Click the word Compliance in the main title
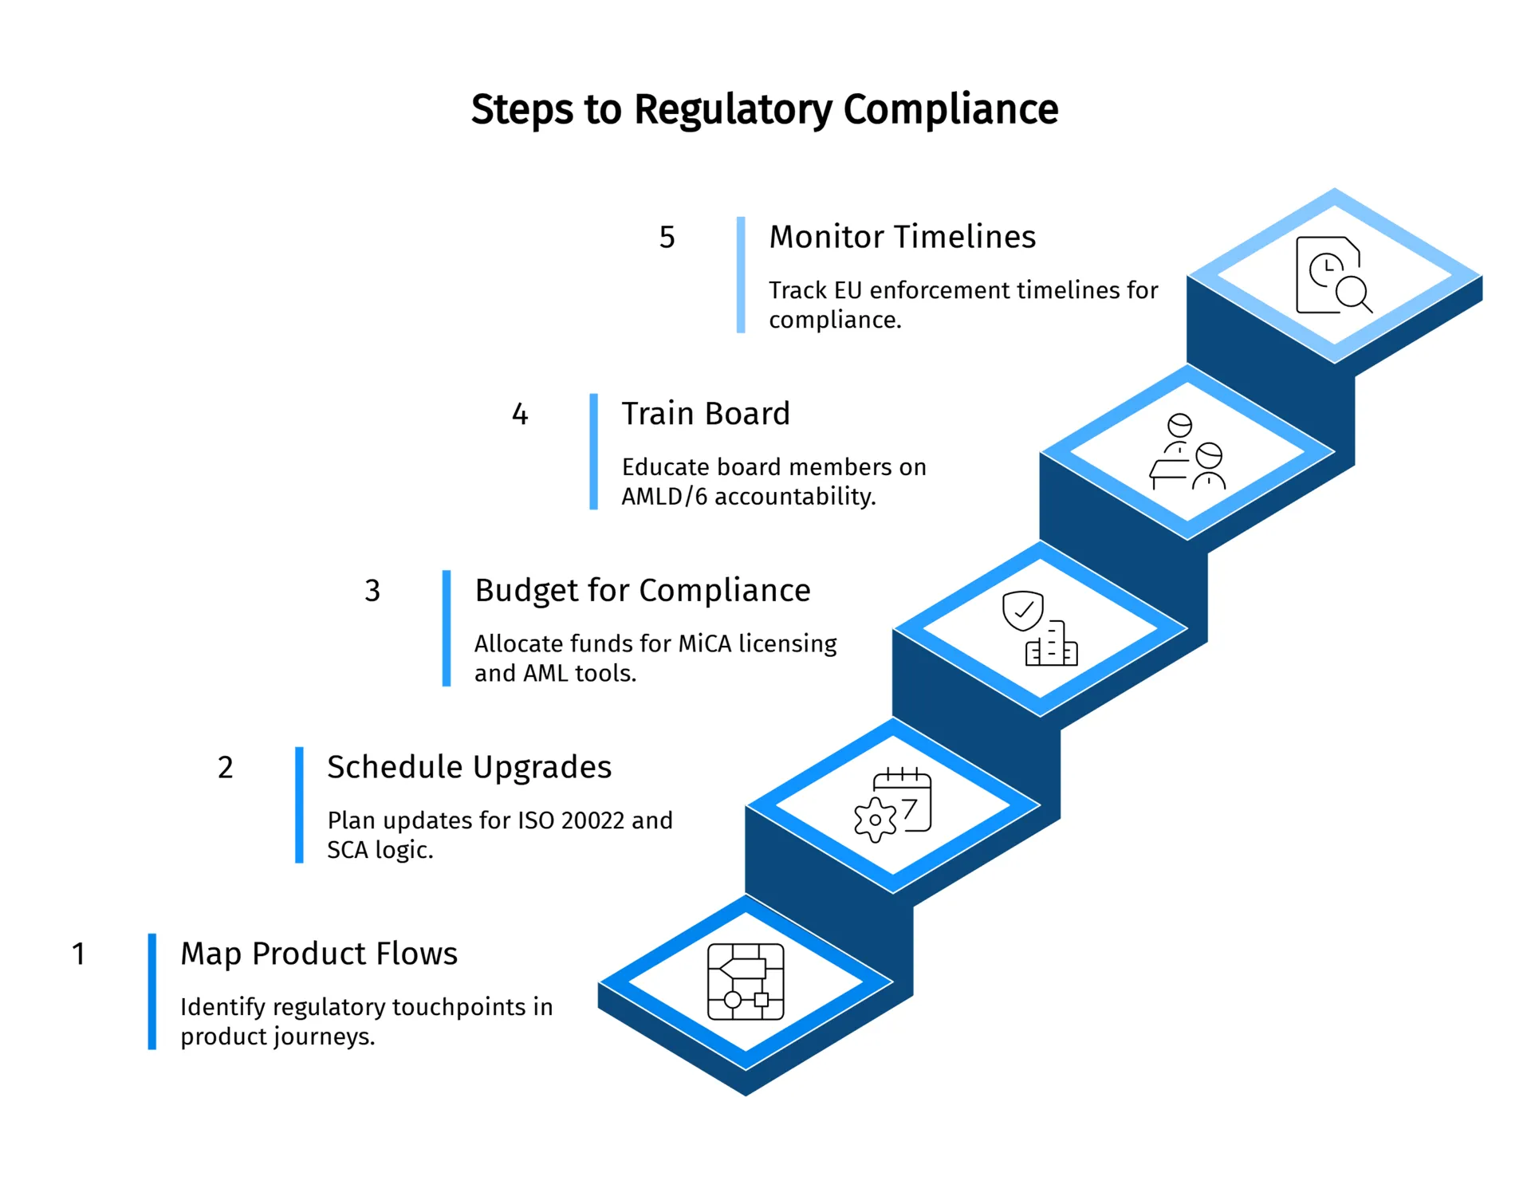point(950,109)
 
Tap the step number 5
point(667,237)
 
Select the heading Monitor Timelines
point(902,237)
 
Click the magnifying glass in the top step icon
point(1353,293)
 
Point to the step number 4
point(520,414)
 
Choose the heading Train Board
point(706,414)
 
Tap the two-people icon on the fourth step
point(1187,452)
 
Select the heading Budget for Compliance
point(642,590)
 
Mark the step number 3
point(372,590)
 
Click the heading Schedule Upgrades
point(469,767)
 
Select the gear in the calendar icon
point(875,820)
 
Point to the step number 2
point(226,767)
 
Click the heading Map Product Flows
point(319,954)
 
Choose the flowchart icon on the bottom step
point(746,982)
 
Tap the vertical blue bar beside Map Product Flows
point(152,991)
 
